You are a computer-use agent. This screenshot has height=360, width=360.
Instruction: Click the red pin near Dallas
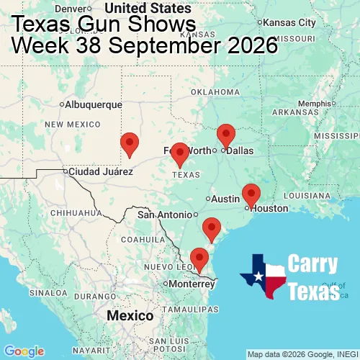click(x=226, y=135)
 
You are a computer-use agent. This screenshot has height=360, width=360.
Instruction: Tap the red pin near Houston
click(x=251, y=194)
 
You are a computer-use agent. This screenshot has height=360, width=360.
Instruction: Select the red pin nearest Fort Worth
click(x=179, y=154)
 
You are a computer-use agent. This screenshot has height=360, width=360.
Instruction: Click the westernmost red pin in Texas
click(x=129, y=144)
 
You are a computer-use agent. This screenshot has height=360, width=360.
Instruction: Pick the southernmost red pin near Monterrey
click(x=199, y=258)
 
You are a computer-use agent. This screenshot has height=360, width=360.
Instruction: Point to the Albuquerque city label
click(x=93, y=104)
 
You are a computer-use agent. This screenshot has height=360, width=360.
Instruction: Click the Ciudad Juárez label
click(x=100, y=172)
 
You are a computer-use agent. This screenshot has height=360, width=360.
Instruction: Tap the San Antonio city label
click(x=165, y=215)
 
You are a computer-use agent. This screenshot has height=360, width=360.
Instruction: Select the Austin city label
click(x=225, y=199)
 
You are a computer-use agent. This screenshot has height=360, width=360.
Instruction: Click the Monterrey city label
click(x=192, y=284)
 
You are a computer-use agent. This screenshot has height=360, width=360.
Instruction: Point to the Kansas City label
click(x=290, y=23)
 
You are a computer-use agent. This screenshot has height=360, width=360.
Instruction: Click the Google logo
click(x=23, y=351)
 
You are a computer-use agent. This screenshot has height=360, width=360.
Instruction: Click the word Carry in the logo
click(x=313, y=264)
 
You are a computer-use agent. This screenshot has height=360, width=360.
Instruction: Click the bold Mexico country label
click(x=130, y=315)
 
